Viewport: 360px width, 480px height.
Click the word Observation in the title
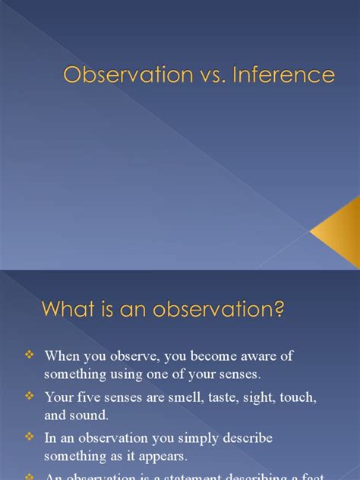pos(118,75)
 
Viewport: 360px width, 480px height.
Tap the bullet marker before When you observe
pos(30,355)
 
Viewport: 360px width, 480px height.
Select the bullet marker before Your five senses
pos(30,396)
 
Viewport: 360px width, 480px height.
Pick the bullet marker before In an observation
pos(30,438)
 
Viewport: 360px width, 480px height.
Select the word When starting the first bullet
pos(62,355)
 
